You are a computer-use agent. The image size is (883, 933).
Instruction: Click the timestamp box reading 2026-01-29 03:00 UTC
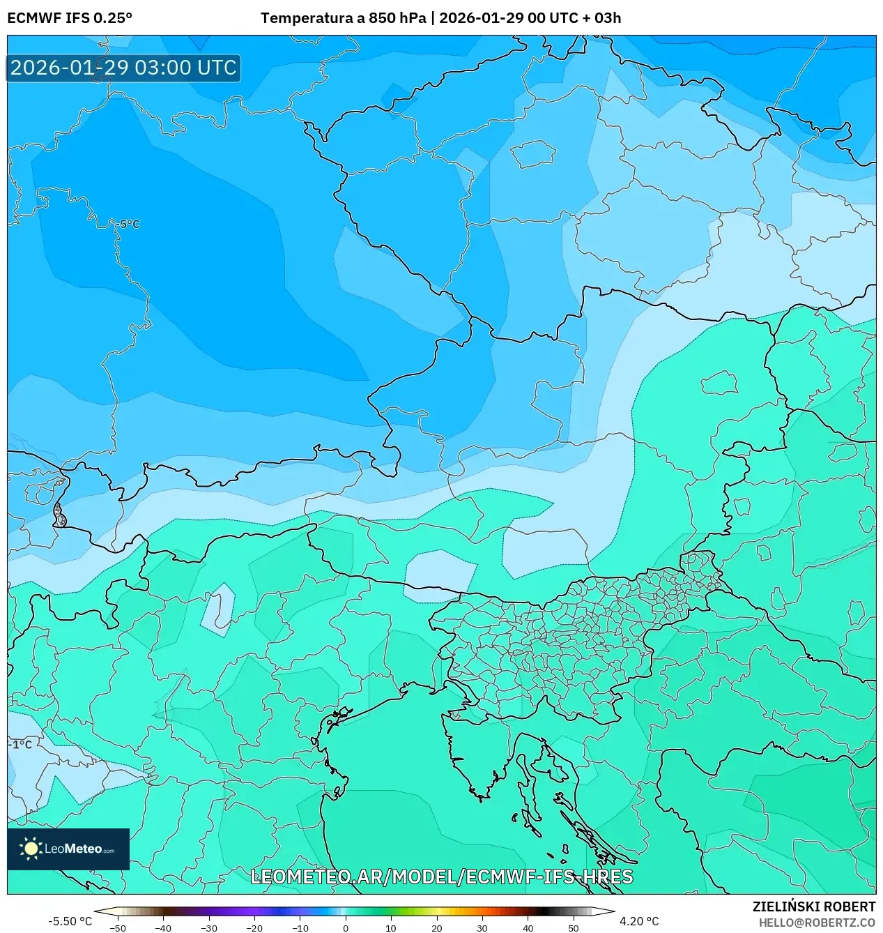[123, 68]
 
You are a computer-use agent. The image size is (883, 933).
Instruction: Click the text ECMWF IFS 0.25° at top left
[70, 18]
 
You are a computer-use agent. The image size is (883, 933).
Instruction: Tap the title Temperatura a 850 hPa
[343, 18]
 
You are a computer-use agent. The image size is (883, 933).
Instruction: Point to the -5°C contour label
[129, 224]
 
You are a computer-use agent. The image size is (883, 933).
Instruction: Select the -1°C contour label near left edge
[21, 744]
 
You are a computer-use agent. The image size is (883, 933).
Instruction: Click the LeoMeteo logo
[68, 849]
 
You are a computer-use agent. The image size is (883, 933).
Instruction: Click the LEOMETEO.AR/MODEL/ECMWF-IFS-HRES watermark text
[441, 877]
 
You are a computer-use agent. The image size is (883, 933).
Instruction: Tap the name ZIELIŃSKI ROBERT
[813, 907]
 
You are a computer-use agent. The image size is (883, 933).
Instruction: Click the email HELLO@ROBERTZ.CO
[817, 923]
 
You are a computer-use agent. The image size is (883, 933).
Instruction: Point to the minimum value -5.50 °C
[70, 921]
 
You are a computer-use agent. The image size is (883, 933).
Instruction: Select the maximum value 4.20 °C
[638, 921]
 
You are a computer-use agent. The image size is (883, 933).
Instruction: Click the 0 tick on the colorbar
[346, 928]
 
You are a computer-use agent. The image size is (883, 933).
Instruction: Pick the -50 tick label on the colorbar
[118, 928]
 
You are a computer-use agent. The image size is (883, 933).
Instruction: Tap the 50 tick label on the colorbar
[574, 928]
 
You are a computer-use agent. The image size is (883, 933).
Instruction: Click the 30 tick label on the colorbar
[482, 928]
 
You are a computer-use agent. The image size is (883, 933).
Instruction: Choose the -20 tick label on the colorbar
[254, 928]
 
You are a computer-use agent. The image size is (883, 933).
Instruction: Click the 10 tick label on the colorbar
[391, 928]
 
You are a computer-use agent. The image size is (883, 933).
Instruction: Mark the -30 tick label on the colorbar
[209, 928]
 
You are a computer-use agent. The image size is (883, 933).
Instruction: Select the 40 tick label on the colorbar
[528, 928]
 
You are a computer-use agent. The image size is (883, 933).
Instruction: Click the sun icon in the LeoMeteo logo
[31, 849]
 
